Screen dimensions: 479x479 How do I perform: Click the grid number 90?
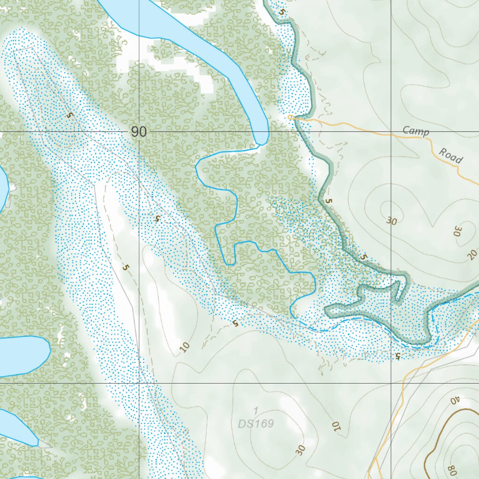coord(138,132)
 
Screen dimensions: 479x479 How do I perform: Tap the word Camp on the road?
coord(416,131)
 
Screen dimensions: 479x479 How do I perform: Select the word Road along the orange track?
coord(451,156)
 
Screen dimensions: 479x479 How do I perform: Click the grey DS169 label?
coord(255,424)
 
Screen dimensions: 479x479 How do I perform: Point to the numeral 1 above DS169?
coord(255,411)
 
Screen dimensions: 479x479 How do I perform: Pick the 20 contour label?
coord(472,254)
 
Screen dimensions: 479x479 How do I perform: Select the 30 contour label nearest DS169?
coord(300,450)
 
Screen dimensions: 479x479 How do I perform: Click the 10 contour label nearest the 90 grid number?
coord(185,347)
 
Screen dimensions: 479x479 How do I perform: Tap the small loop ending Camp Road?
coord(290,117)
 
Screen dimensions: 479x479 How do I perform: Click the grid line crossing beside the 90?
coord(139,132)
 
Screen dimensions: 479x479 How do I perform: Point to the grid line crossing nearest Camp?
coord(392,132)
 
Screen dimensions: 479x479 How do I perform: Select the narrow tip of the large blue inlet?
coord(262,140)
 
